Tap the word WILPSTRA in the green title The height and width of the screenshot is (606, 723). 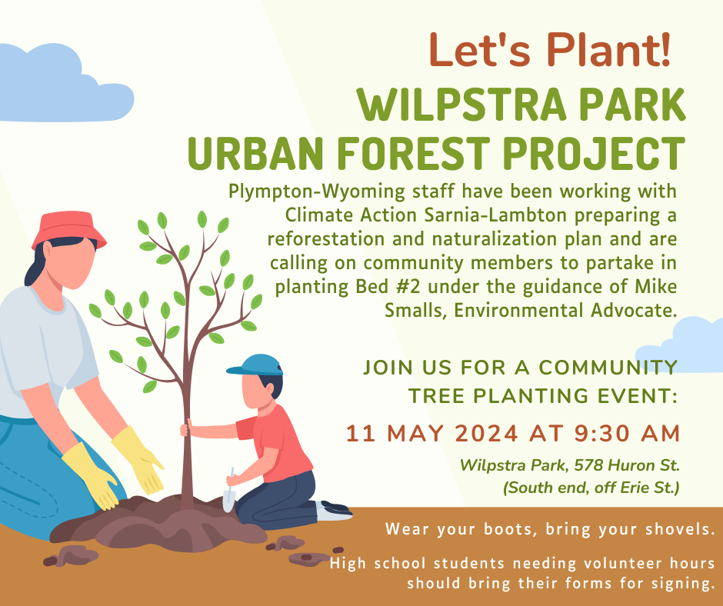click(461, 105)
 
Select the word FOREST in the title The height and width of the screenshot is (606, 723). click(413, 154)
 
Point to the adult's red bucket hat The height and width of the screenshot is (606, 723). click(69, 229)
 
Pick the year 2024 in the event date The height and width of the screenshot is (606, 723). click(486, 434)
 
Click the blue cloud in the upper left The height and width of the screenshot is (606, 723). click(65, 84)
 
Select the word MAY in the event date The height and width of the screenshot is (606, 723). click(415, 434)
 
